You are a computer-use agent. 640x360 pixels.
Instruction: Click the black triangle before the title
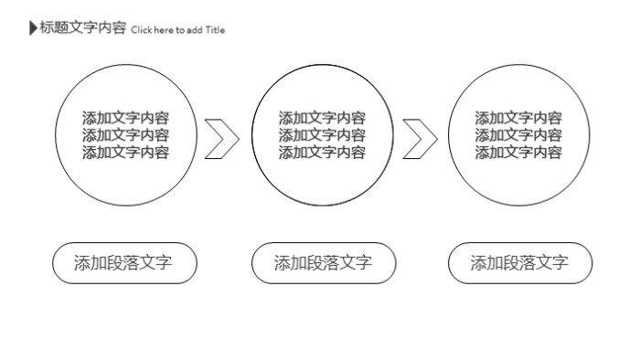[34, 28]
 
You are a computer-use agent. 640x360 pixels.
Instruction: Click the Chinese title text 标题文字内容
[82, 28]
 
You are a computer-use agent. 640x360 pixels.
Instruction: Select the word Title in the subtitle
[215, 30]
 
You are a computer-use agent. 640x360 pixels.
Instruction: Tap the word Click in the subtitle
[141, 30]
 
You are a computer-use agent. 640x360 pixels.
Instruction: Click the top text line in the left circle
[125, 118]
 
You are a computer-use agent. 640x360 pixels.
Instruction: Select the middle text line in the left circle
[125, 135]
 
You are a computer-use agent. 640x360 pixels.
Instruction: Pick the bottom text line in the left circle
[125, 153]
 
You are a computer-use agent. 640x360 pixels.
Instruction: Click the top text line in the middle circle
[322, 118]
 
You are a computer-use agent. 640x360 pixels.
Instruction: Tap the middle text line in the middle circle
[322, 135]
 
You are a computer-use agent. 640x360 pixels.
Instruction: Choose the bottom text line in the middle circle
[322, 153]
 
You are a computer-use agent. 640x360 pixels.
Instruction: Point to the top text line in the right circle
[518, 118]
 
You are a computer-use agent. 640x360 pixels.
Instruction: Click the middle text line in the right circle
[518, 135]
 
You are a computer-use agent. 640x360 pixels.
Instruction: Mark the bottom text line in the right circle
[518, 153]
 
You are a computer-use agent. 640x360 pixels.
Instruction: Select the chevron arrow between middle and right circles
[421, 138]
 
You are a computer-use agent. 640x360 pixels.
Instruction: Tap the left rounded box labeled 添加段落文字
[124, 264]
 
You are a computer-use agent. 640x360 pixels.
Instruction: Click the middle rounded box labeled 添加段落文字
[324, 264]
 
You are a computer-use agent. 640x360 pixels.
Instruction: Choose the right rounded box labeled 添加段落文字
[520, 264]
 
